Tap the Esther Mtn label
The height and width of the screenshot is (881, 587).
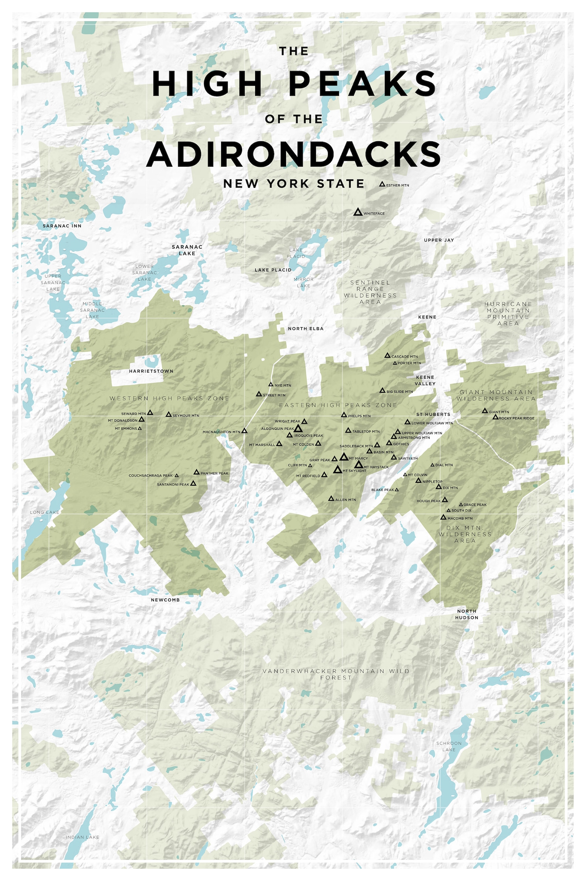tap(397, 185)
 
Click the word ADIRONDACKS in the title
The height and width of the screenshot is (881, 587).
tap(293, 154)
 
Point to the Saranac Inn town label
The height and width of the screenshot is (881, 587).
tap(62, 226)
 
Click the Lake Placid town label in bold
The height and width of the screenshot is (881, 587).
tap(273, 270)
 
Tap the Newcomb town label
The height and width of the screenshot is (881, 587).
tap(166, 600)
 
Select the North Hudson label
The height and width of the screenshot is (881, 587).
tap(467, 614)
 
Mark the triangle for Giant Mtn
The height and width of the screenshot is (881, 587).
tap(485, 411)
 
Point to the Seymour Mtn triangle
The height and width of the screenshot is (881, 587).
tap(169, 415)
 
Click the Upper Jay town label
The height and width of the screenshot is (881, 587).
tap(439, 240)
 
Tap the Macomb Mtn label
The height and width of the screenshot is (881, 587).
tap(460, 519)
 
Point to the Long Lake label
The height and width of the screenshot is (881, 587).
tap(45, 512)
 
